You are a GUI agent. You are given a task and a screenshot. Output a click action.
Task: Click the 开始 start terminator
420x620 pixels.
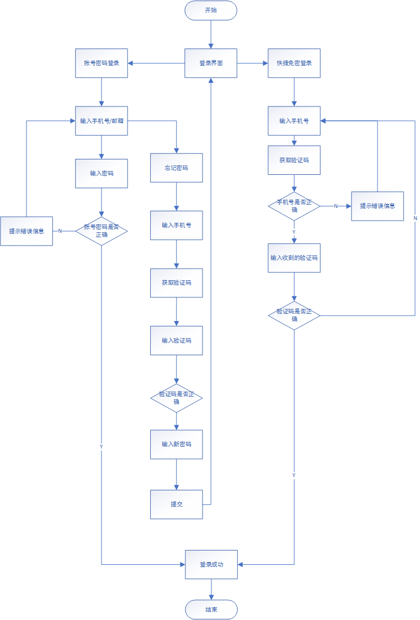point(211,10)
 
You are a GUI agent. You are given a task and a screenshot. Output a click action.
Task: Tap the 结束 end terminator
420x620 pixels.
point(211,610)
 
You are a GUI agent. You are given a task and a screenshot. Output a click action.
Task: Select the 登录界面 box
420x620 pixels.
point(211,63)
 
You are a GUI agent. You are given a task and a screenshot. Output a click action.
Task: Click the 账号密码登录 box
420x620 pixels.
point(101,63)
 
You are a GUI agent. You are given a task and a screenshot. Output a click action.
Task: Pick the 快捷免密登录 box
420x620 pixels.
point(294,63)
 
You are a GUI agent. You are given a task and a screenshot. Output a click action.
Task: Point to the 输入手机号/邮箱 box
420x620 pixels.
point(101,121)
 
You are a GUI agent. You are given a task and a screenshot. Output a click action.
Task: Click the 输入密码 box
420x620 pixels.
point(101,174)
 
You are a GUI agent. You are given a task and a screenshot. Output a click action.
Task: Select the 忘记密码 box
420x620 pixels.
point(177,168)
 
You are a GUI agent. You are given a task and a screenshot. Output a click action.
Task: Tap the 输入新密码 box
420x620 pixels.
point(177,445)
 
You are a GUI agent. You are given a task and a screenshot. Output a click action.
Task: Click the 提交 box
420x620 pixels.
point(177,505)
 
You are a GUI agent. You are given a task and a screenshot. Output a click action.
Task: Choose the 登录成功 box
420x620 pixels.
point(211,565)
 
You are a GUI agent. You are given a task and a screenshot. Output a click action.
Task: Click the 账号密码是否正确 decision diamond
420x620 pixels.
point(101,231)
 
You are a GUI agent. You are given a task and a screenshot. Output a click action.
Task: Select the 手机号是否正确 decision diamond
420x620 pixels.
point(294,206)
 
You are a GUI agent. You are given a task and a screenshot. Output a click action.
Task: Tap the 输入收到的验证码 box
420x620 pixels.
point(294,258)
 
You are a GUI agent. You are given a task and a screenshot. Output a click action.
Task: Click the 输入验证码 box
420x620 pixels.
point(177,340)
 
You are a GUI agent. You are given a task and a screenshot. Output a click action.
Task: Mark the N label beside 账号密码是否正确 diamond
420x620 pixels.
point(60,231)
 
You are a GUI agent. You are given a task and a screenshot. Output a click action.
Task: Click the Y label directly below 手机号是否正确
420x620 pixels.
point(294,232)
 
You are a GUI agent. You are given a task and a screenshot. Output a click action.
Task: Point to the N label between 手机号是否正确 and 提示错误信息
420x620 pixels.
point(336,206)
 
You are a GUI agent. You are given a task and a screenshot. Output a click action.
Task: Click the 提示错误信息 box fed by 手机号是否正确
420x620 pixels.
point(378,206)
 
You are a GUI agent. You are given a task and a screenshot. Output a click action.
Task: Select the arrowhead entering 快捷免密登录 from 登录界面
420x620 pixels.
point(265,63)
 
